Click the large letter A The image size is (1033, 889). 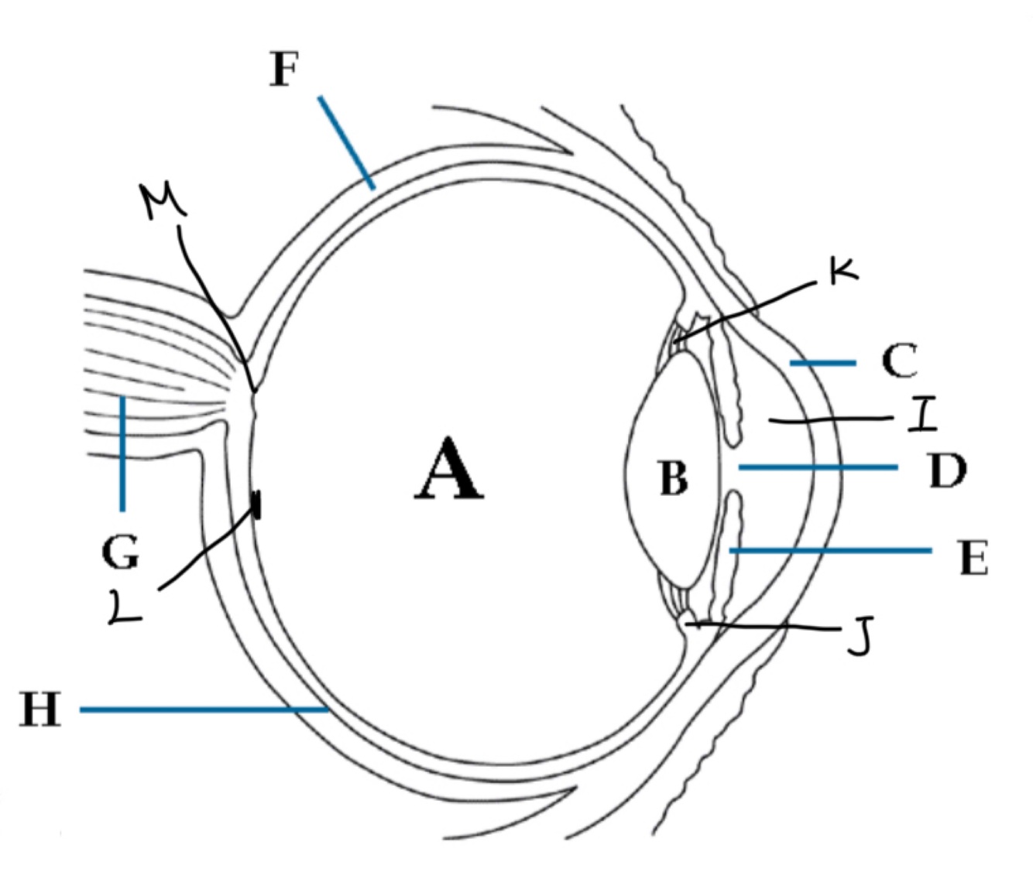[449, 470]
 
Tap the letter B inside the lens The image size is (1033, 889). [673, 478]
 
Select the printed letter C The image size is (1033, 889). [899, 361]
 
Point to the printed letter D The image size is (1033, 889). [946, 470]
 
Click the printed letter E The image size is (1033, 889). [973, 558]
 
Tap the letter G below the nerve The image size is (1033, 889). [120, 552]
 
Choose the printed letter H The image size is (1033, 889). [39, 709]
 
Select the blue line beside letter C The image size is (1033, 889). [822, 362]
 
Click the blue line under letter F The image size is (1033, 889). [346, 142]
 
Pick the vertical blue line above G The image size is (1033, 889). [122, 453]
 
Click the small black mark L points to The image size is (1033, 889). [256, 506]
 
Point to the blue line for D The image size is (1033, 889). [818, 467]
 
